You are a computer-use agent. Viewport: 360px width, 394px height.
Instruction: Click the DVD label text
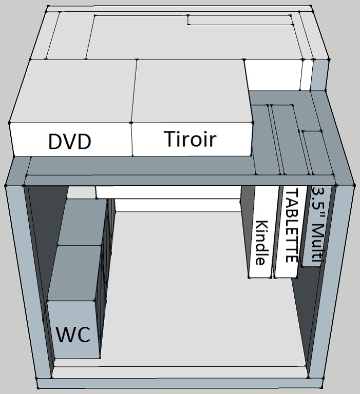point(70,141)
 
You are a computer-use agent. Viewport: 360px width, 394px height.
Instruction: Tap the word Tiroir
point(190,139)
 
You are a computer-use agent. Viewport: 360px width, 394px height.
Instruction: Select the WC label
point(73,334)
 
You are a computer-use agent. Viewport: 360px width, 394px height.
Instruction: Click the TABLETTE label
point(292,225)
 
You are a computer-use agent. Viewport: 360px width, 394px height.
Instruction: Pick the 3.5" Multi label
point(318,224)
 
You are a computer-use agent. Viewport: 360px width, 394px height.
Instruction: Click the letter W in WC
point(65,334)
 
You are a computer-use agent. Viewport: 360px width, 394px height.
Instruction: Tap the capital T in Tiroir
point(170,138)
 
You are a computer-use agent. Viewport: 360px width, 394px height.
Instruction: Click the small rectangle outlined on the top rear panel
point(240,20)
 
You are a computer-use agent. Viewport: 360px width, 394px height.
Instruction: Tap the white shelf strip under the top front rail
point(168,192)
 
